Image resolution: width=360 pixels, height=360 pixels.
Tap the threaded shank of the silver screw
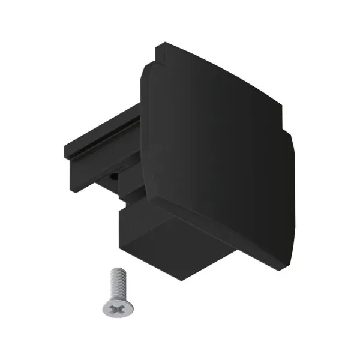point(116,283)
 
